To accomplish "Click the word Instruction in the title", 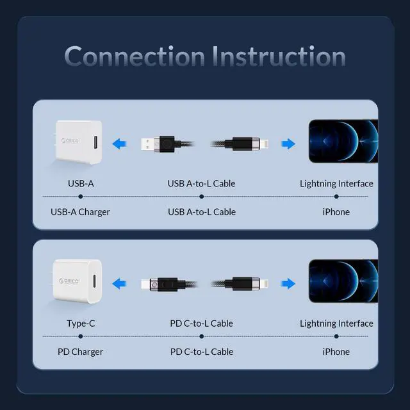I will point(279,56).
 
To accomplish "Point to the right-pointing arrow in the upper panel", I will point(289,144).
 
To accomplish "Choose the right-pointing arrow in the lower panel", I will point(289,283).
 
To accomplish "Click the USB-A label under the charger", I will point(81,184).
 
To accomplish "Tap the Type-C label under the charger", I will point(81,324).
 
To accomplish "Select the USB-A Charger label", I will point(81,212).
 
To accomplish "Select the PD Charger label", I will point(81,352).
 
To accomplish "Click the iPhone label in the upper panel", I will point(336,212).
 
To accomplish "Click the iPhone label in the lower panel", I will point(336,352).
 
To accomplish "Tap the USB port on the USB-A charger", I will point(95,141).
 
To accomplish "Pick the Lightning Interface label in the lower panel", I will point(336,324).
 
